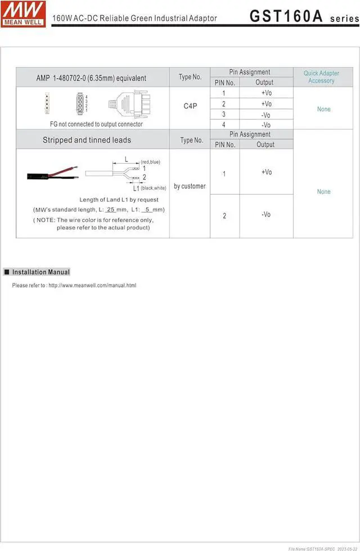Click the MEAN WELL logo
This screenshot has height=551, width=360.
click(x=24, y=13)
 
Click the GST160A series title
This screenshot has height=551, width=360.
click(x=304, y=16)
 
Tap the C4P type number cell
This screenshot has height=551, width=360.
click(x=190, y=106)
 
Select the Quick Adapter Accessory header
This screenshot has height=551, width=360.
click(x=321, y=77)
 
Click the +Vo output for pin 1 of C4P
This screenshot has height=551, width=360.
click(x=266, y=93)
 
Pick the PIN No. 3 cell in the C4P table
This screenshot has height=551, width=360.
click(x=224, y=114)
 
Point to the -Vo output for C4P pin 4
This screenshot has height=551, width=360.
click(x=266, y=125)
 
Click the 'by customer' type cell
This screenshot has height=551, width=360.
click(x=190, y=186)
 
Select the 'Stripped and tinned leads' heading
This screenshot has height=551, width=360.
click(x=87, y=140)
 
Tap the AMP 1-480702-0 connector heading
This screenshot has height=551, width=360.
click(x=91, y=78)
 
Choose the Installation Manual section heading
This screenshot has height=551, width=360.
click(x=41, y=272)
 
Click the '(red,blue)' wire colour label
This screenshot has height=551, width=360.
click(x=150, y=162)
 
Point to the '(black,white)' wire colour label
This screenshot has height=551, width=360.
click(x=154, y=188)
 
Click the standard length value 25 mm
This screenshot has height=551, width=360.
click(x=111, y=210)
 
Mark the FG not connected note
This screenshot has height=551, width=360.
click(x=96, y=124)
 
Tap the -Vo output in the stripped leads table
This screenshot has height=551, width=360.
click(x=266, y=215)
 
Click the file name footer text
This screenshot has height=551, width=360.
click(x=322, y=548)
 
